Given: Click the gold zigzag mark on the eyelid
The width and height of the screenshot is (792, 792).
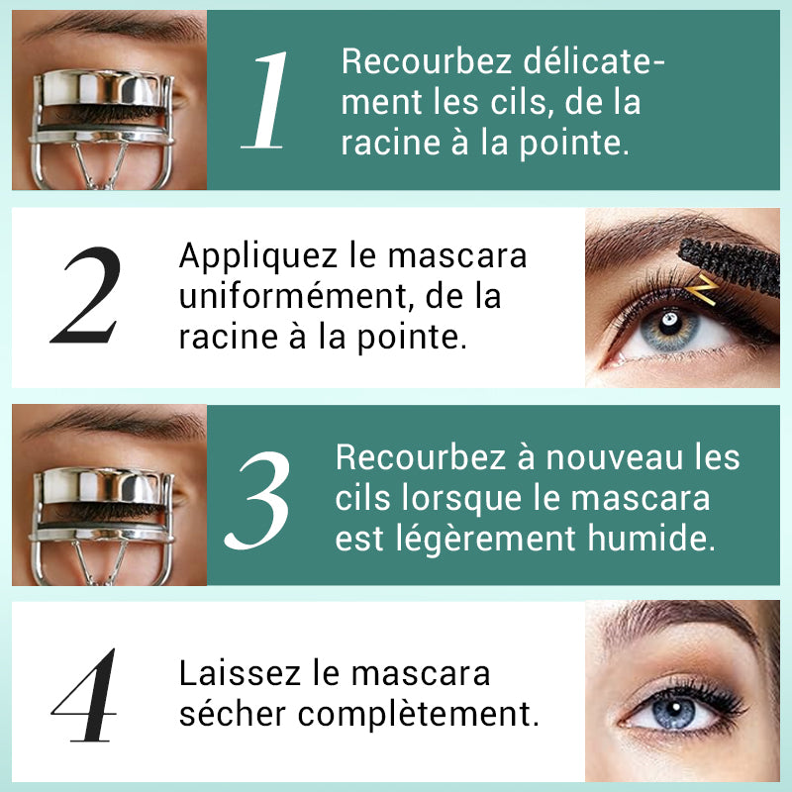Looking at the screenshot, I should tap(705, 288).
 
